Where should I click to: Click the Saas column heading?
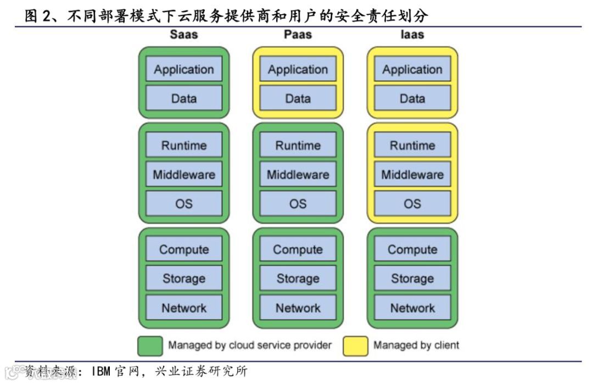[x=183, y=34]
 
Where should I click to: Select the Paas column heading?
[x=298, y=34]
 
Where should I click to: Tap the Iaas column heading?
[x=412, y=34]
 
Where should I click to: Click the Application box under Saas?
[x=183, y=69]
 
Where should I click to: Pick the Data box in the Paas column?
[x=298, y=98]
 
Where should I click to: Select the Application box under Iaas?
[x=412, y=69]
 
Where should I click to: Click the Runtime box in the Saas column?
[x=183, y=145]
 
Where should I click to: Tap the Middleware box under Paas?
[x=298, y=175]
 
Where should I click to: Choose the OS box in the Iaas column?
[x=412, y=204]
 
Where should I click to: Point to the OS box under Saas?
[x=183, y=204]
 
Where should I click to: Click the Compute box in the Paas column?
[x=298, y=249]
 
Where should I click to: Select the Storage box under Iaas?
[x=412, y=279]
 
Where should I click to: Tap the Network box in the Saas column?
[x=183, y=308]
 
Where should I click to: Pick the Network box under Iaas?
[x=412, y=308]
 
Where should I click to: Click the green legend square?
[x=149, y=346]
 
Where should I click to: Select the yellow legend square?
[x=355, y=346]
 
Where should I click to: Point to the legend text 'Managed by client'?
[x=416, y=346]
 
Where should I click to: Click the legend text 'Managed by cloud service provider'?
[x=250, y=346]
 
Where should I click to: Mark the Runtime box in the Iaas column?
[x=412, y=145]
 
